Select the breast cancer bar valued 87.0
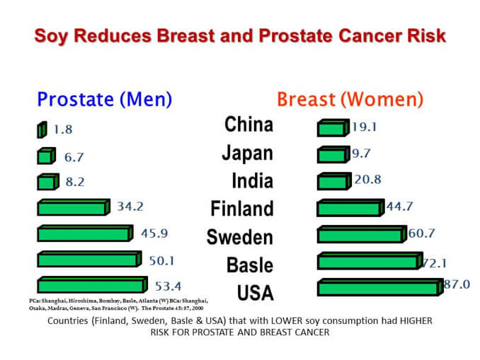(378, 287)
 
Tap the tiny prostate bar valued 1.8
(42, 131)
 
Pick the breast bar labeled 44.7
(350, 208)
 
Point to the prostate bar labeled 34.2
(73, 208)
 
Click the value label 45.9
(154, 233)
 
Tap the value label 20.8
(367, 180)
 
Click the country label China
(248, 124)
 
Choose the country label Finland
(241, 208)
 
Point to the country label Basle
(250, 265)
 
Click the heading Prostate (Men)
(104, 98)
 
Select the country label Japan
(247, 152)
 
